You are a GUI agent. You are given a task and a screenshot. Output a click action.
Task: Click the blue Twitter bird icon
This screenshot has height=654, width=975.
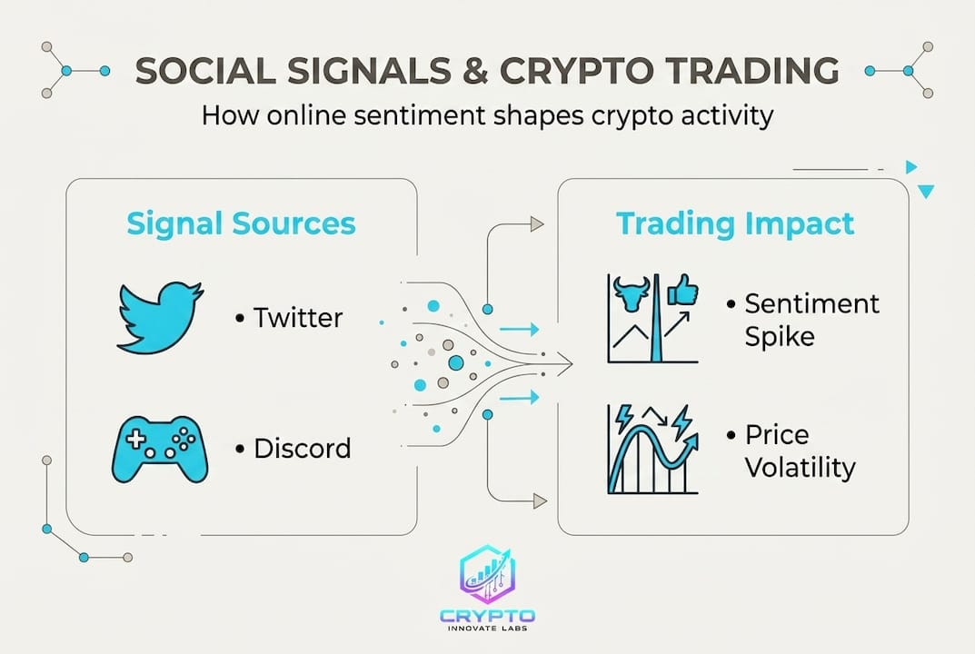(x=160, y=318)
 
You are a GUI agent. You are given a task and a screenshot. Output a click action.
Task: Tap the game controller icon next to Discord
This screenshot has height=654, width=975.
(x=160, y=449)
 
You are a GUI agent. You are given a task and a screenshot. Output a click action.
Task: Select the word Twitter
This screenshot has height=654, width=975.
(x=298, y=318)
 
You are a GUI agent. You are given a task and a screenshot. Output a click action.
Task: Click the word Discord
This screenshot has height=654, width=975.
(x=303, y=448)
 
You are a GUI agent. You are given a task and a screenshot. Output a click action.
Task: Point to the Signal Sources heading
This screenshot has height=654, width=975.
(x=242, y=223)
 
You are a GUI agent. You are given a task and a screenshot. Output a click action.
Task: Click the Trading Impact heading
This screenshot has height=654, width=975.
(x=735, y=223)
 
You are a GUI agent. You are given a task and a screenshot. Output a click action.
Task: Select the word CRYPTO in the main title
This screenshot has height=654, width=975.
(x=576, y=70)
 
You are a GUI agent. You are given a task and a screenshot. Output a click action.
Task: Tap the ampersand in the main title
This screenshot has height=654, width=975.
(x=475, y=71)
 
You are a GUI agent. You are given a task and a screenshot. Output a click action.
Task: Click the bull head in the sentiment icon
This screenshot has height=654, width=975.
(x=632, y=293)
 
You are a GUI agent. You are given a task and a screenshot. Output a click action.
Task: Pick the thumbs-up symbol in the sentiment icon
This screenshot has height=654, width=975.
(x=682, y=290)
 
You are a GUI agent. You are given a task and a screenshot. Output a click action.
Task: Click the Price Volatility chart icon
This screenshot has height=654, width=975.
(x=652, y=449)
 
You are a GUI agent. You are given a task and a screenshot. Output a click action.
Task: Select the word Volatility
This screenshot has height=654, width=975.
(x=801, y=467)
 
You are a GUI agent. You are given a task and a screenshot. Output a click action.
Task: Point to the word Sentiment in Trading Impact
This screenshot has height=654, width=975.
(x=812, y=303)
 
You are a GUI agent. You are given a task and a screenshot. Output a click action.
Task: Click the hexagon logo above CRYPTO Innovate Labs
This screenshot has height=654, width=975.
(x=487, y=574)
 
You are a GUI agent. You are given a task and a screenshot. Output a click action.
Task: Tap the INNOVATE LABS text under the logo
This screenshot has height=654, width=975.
(x=487, y=629)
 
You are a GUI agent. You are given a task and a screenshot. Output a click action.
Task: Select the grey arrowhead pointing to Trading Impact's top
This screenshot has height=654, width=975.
(x=537, y=223)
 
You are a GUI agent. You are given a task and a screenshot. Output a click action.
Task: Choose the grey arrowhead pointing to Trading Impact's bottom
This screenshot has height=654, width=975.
(x=540, y=500)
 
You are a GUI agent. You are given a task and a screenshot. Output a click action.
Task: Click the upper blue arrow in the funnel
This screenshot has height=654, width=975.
(x=519, y=329)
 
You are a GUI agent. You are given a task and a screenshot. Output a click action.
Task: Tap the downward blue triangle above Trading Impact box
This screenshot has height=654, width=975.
(x=926, y=192)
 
